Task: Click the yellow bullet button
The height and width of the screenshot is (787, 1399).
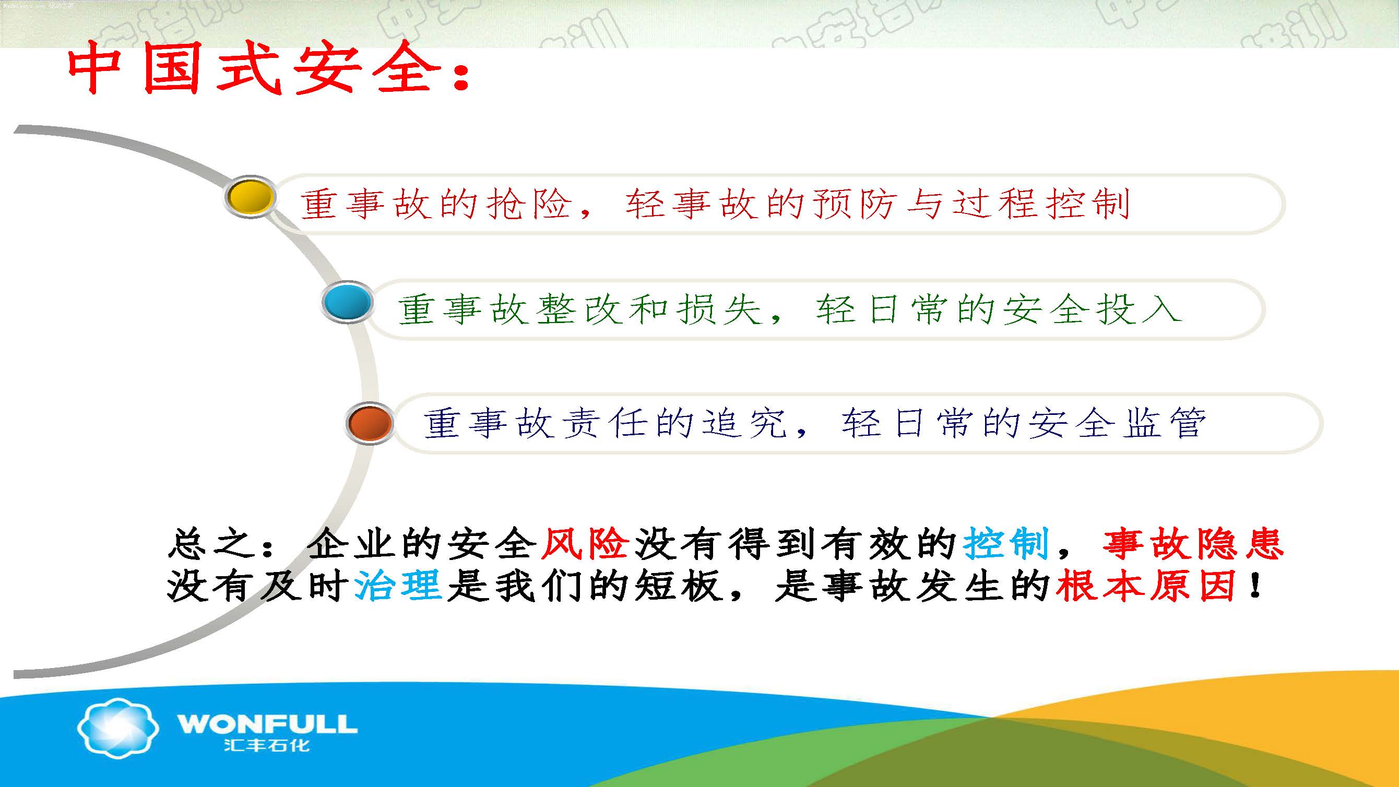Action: click(x=250, y=197)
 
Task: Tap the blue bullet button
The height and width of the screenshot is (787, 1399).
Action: click(x=347, y=302)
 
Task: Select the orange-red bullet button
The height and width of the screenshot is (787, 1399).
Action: click(x=370, y=424)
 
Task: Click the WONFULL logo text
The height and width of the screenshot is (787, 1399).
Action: click(x=267, y=724)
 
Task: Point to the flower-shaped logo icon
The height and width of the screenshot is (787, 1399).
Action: click(x=118, y=728)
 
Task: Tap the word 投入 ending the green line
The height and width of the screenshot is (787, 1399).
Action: click(x=1139, y=310)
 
